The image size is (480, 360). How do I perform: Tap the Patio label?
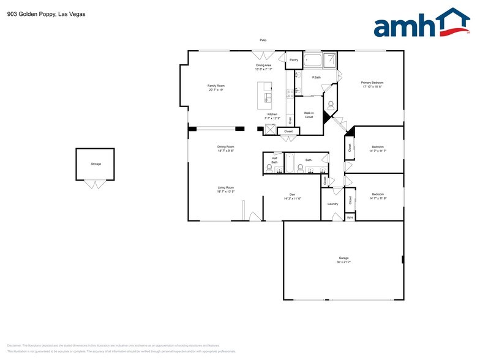click(x=263, y=40)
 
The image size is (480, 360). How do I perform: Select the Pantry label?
click(x=294, y=60)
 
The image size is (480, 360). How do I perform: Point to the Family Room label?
click(x=216, y=88)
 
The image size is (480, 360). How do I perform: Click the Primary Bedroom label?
click(x=372, y=84)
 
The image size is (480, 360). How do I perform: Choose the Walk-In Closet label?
click(x=309, y=115)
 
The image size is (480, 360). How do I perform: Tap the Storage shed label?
click(x=96, y=164)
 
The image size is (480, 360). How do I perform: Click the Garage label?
click(x=343, y=260)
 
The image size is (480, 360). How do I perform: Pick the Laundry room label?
click(x=332, y=204)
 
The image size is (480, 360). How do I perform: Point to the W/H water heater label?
click(x=350, y=217)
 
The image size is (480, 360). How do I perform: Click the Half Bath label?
click(x=274, y=160)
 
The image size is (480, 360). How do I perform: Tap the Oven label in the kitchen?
click(x=290, y=120)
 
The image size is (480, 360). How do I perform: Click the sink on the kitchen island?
click(x=268, y=97)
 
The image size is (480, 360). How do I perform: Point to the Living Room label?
click(x=226, y=189)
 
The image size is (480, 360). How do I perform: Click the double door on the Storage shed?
click(x=94, y=183)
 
